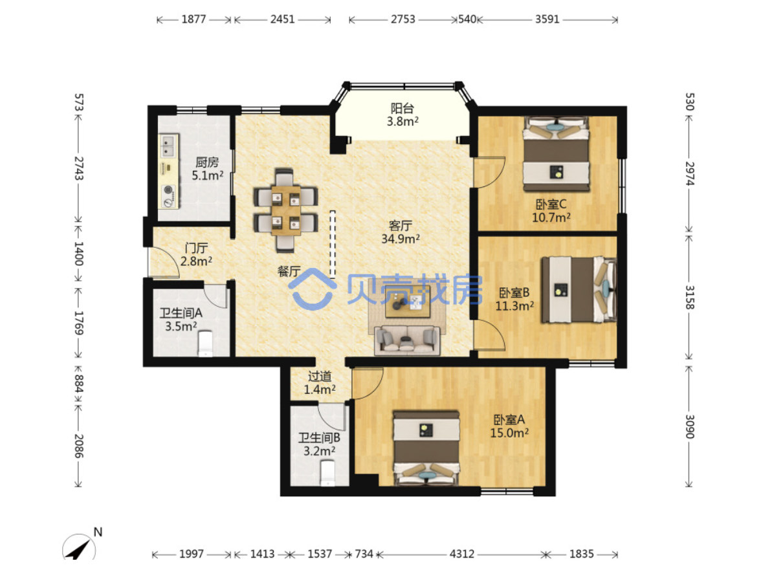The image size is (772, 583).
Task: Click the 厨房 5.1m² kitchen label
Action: coord(207,169)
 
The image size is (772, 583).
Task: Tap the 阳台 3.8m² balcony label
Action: coord(403,115)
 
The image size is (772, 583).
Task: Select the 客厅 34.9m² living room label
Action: coord(401,232)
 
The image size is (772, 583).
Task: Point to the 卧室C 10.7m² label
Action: coord(551,211)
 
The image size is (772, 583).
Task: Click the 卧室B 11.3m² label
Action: coord(514,300)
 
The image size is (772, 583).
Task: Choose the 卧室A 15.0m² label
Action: coord(509,426)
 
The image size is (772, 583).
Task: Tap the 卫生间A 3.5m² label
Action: coord(181,320)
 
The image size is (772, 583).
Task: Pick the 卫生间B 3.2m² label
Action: coord(319,444)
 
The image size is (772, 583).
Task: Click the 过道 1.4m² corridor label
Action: coord(320,382)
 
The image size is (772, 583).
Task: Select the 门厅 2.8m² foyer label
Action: coord(196,254)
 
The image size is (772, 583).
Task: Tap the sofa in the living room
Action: coord(407,340)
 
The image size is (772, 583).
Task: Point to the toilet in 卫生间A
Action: coord(205,343)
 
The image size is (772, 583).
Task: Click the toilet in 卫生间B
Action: coord(327,473)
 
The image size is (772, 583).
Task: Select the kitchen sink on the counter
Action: coord(168,146)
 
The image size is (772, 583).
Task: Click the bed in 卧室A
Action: coord(426,448)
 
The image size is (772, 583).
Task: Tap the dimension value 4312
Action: coord(462,554)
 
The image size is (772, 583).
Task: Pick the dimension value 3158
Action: coord(689,298)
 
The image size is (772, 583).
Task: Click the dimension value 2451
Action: coord(283,19)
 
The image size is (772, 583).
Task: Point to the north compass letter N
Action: coord(98,532)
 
